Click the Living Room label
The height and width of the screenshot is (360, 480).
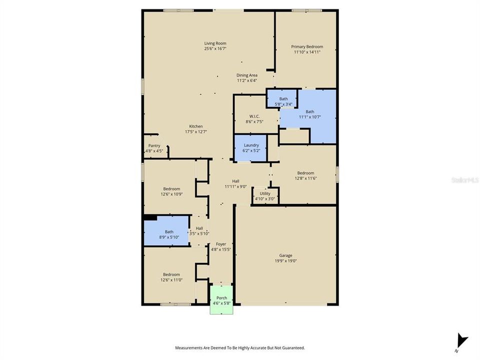[215, 43]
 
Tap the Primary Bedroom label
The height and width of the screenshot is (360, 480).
[307, 47]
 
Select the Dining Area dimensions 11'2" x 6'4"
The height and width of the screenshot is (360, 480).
[246, 81]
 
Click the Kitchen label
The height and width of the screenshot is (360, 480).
[196, 126]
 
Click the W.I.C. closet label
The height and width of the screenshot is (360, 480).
[254, 116]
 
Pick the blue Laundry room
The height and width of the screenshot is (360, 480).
[250, 148]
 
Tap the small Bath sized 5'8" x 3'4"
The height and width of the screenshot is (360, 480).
[282, 98]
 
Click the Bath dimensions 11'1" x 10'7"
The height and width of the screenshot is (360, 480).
[310, 117]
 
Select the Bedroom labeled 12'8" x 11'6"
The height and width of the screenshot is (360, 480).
[305, 175]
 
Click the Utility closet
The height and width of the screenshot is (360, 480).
[265, 195]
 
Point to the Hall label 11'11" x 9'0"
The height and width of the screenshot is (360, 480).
[235, 183]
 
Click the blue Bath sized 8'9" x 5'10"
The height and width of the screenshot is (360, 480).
[166, 231]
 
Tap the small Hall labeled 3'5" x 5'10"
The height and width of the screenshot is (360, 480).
[199, 231]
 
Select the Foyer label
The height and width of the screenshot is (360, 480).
[221, 244]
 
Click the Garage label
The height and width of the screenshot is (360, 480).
[285, 255]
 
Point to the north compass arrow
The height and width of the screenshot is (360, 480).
[462, 340]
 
